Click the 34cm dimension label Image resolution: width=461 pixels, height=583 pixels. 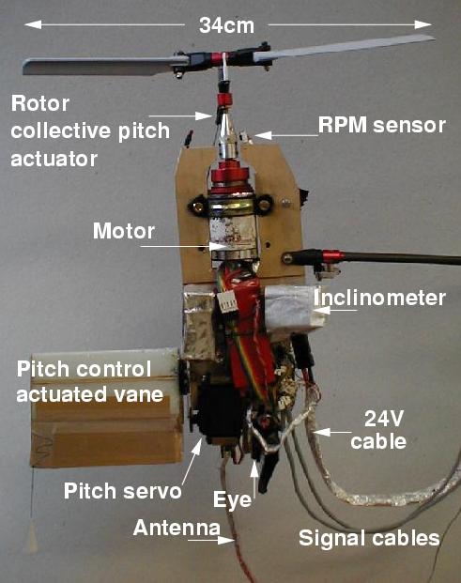point(226,25)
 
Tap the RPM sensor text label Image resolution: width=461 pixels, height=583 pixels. point(382,125)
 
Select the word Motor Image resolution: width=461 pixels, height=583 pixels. point(124,231)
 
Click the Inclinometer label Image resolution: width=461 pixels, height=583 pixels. point(379,298)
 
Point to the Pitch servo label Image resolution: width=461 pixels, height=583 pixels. point(123,491)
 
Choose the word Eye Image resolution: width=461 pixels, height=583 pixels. point(232,499)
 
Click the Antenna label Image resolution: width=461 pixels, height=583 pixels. point(177,528)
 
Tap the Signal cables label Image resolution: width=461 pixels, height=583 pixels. point(369,538)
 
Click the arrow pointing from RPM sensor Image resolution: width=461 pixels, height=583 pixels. point(286,135)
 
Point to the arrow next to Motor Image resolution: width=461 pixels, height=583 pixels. point(184,246)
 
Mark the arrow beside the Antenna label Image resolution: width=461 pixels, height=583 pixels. point(211,540)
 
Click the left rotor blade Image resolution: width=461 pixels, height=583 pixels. point(99,66)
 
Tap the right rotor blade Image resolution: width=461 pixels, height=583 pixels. point(344,47)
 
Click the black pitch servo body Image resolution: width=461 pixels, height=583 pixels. point(220,411)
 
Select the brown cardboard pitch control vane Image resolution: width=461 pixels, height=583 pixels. point(106,407)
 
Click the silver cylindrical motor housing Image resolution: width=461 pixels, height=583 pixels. point(233,229)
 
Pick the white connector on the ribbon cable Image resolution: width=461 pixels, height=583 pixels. point(229,300)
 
